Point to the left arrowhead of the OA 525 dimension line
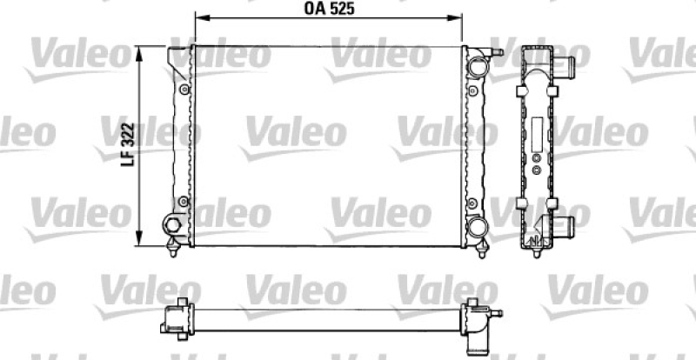click(x=197, y=17)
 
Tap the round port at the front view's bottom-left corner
click(x=172, y=226)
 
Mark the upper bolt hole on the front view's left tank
click(x=184, y=90)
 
